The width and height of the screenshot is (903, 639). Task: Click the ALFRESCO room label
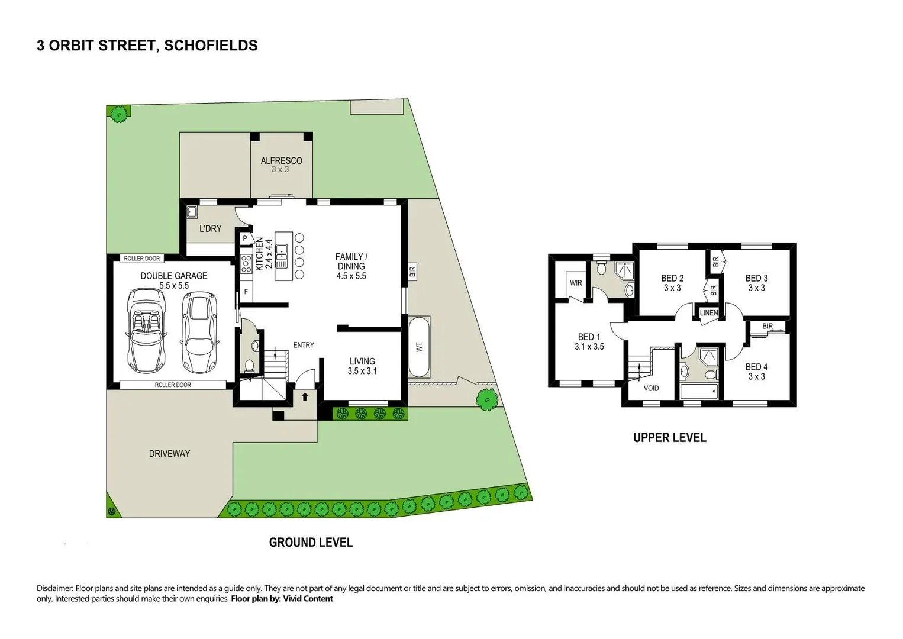[281, 161]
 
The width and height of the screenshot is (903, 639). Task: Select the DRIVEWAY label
[169, 454]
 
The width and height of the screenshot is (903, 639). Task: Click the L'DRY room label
[210, 228]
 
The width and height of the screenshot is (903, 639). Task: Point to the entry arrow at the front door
[305, 396]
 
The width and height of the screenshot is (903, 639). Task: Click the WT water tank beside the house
[419, 347]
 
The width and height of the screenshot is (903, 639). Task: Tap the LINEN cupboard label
[709, 313]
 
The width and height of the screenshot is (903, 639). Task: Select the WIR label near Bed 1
[576, 283]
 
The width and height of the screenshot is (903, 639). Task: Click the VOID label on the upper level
[651, 388]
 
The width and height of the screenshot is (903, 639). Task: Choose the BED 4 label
[756, 367]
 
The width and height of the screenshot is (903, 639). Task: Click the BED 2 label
[672, 278]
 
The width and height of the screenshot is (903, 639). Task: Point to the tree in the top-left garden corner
[120, 114]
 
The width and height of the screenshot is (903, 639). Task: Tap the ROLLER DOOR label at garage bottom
[173, 385]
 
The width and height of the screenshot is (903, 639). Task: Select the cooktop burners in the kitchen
[246, 264]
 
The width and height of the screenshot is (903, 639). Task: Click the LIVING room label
[362, 362]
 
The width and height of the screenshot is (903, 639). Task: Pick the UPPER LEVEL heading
[669, 438]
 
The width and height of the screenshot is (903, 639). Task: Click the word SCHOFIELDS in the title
[211, 46]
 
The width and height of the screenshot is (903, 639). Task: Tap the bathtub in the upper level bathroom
[699, 391]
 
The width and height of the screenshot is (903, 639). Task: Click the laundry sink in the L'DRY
[192, 212]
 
